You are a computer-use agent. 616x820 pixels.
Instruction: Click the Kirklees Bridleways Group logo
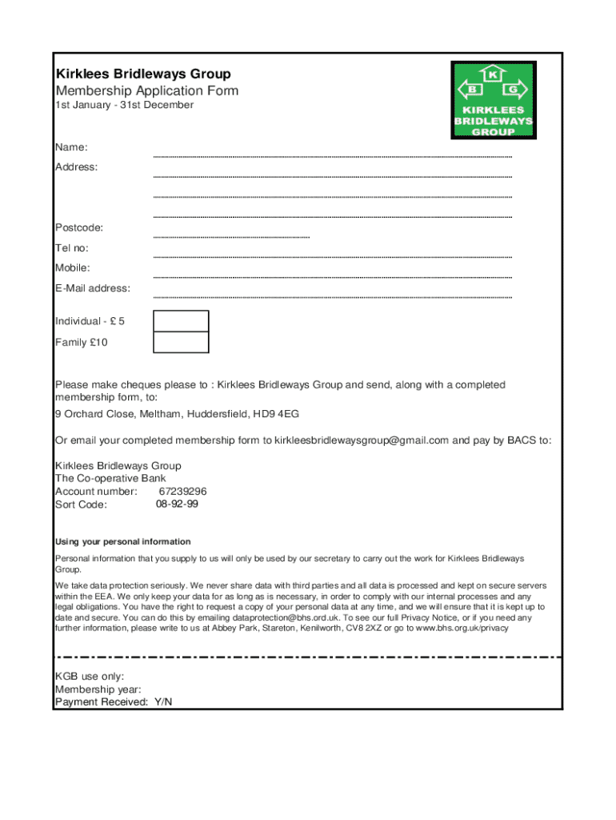[493, 100]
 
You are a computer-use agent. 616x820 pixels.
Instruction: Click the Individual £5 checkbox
[181, 321]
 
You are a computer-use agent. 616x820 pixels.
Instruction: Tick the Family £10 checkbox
[181, 343]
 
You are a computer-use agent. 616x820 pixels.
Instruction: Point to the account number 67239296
[182, 491]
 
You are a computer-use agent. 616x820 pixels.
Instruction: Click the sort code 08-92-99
[177, 504]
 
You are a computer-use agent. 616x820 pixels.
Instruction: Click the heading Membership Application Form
[146, 90]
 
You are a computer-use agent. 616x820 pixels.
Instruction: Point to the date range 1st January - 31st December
[124, 105]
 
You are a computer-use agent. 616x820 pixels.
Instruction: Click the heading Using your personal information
[122, 542]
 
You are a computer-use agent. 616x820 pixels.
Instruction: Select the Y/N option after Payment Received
[162, 702]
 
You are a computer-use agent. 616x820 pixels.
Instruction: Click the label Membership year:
[98, 689]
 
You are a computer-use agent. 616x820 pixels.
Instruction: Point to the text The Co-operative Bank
[110, 478]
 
